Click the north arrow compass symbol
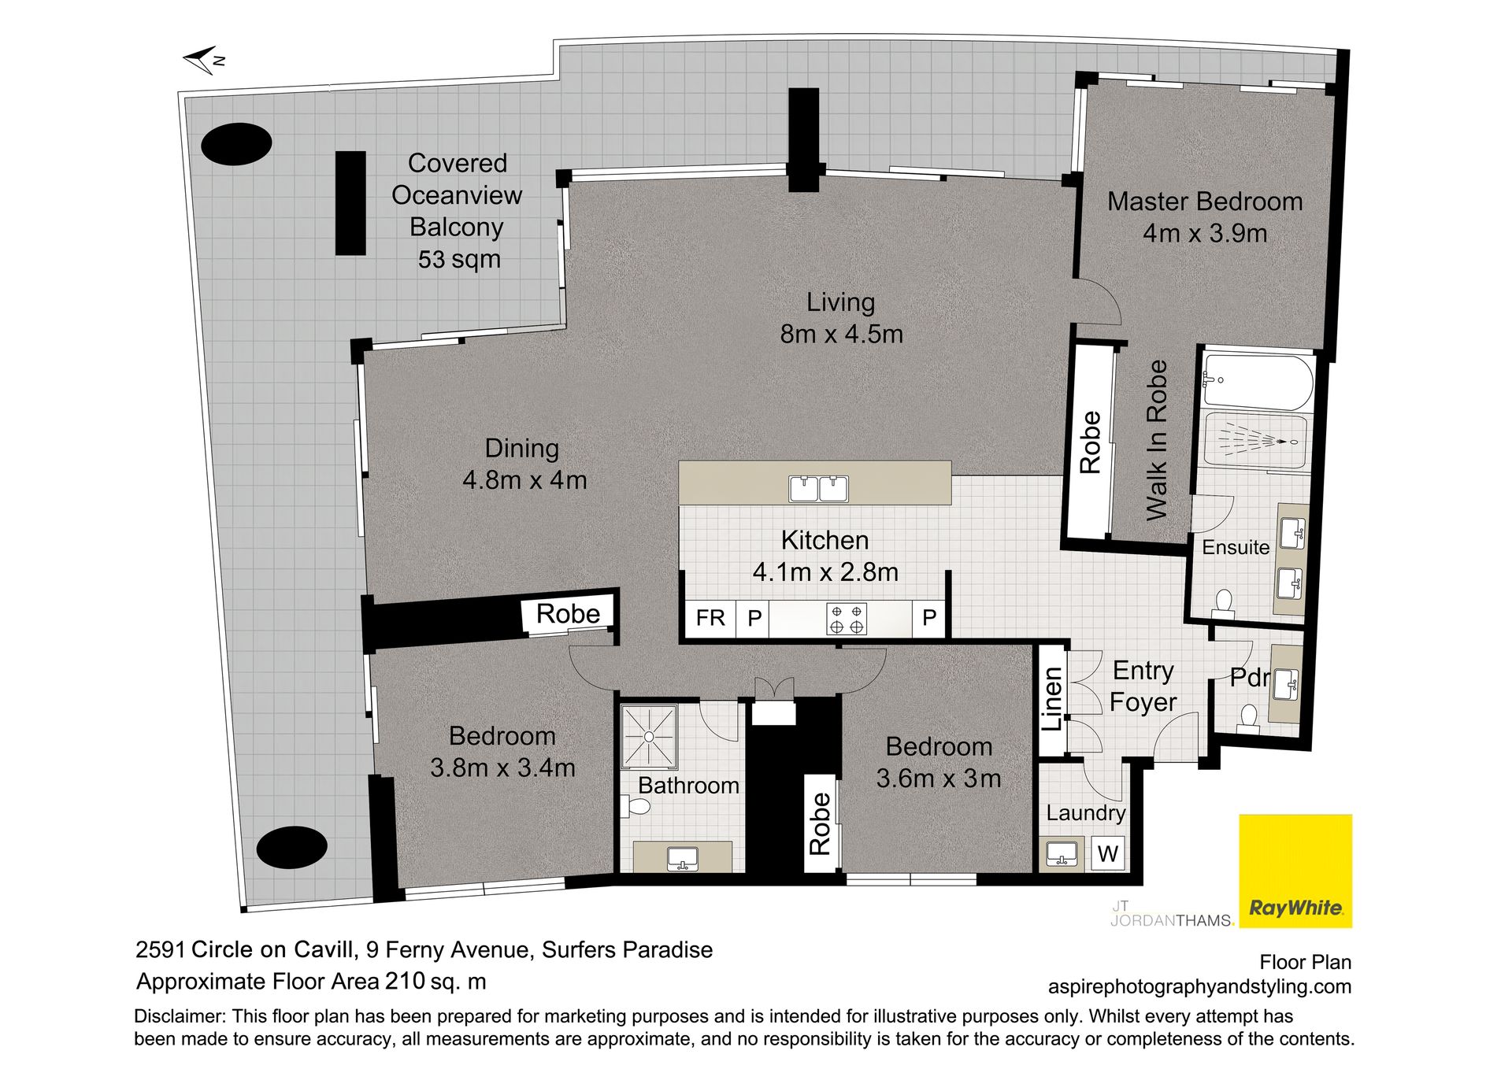pyautogui.click(x=204, y=60)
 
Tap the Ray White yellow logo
pyautogui.click(x=1295, y=871)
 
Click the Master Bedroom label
pyautogui.click(x=1205, y=202)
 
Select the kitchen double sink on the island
pyautogui.click(x=818, y=488)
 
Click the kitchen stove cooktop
pyautogui.click(x=847, y=619)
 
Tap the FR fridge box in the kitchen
pyautogui.click(x=710, y=618)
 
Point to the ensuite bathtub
pyautogui.click(x=1258, y=382)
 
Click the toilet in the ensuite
pyautogui.click(x=1223, y=602)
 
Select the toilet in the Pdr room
pyautogui.click(x=1247, y=716)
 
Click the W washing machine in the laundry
pyautogui.click(x=1108, y=853)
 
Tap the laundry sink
pyautogui.click(x=1061, y=854)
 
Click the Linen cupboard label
pyautogui.click(x=1053, y=699)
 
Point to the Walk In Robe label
pyautogui.click(x=1156, y=440)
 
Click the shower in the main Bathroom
pyautogui.click(x=649, y=736)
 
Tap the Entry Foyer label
pyautogui.click(x=1143, y=686)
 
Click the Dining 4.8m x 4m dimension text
pyautogui.click(x=524, y=479)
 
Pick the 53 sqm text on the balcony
pyautogui.click(x=459, y=259)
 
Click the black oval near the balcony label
pyautogui.click(x=236, y=144)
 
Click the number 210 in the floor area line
pyautogui.click(x=405, y=982)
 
